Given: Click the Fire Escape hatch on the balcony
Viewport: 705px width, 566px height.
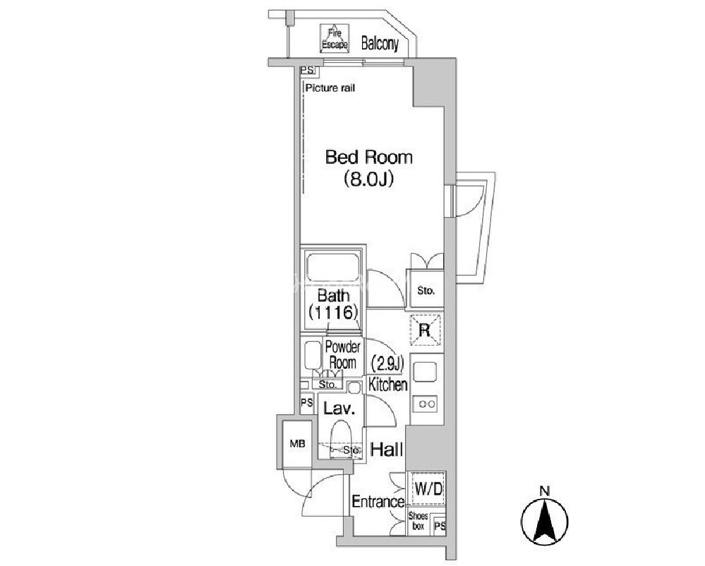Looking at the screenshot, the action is coord(335,39).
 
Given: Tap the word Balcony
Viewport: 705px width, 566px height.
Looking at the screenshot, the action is coord(380,44).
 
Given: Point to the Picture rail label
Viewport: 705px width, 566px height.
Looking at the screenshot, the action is coord(330,88).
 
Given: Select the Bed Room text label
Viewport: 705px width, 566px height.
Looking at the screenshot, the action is coord(368,157).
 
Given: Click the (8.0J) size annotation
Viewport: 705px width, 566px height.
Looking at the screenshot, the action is coord(368,179).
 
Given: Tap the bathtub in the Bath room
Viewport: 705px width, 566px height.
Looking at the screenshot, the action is coord(333,269).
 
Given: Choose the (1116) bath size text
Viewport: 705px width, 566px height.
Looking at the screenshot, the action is coord(333,312).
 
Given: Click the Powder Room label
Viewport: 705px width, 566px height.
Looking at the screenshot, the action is coord(342,355).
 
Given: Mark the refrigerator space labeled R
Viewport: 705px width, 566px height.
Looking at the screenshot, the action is coord(426,330).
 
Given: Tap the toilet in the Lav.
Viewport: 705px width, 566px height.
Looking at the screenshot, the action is coord(341,439).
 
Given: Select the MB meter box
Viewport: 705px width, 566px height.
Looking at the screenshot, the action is coord(297,444).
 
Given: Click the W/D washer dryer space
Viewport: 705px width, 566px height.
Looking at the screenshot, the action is coord(428,488).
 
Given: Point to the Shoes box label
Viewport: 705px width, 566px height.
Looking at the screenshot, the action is coord(418,521).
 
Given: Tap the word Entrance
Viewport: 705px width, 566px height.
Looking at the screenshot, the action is coord(378,502).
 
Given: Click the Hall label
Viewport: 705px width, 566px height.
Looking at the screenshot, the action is coord(386,449).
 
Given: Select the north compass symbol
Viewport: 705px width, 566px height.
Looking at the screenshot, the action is coord(545,519).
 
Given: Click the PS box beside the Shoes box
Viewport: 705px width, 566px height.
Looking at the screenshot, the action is coord(440,526).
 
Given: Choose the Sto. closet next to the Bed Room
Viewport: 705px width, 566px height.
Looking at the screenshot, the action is coord(426,290).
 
